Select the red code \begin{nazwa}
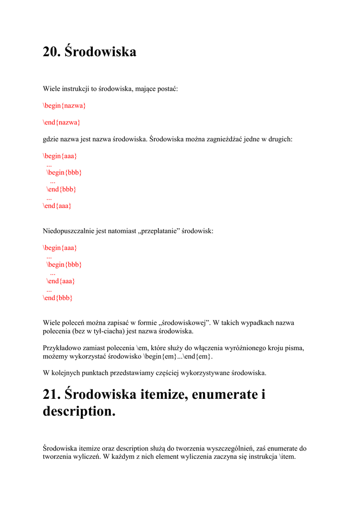[x=65, y=105]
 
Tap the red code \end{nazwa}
[x=62, y=122]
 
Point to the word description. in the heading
[x=79, y=411]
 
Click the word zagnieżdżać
[x=223, y=139]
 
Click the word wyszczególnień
[x=234, y=448]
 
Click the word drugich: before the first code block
[x=280, y=139]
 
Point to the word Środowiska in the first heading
[x=100, y=52]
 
